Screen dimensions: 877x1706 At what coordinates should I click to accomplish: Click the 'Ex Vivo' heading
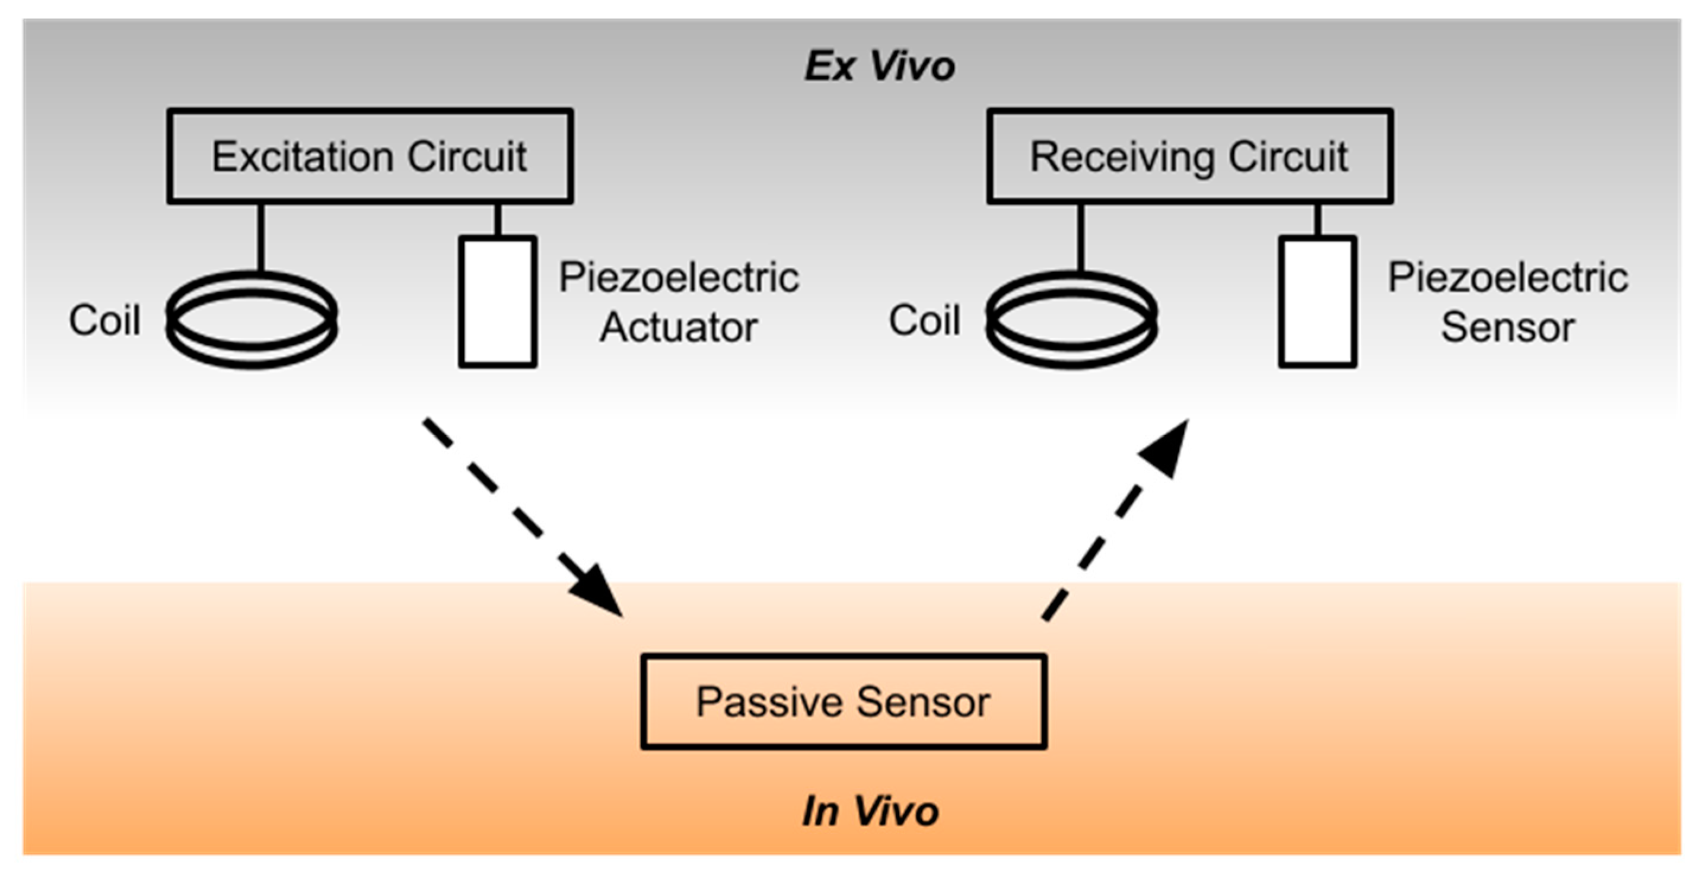[879, 66]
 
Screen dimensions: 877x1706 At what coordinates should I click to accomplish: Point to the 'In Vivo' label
[870, 811]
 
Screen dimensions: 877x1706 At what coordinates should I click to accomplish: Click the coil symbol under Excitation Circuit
[252, 320]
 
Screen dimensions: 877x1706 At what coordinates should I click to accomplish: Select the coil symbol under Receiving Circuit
[1071, 320]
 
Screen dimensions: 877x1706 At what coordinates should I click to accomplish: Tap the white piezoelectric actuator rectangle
[497, 302]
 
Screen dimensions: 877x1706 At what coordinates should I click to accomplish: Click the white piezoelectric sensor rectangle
[1317, 302]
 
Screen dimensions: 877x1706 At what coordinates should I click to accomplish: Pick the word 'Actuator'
[678, 328]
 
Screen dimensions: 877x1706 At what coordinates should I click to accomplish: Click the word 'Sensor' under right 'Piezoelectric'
[1507, 328]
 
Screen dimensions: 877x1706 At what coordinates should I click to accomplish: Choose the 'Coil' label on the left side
[104, 320]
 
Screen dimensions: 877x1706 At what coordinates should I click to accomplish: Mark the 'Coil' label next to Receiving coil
[925, 320]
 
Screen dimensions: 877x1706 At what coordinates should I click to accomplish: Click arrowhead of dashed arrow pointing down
[598, 592]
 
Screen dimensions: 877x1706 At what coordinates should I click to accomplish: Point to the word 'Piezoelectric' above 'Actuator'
[678, 278]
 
